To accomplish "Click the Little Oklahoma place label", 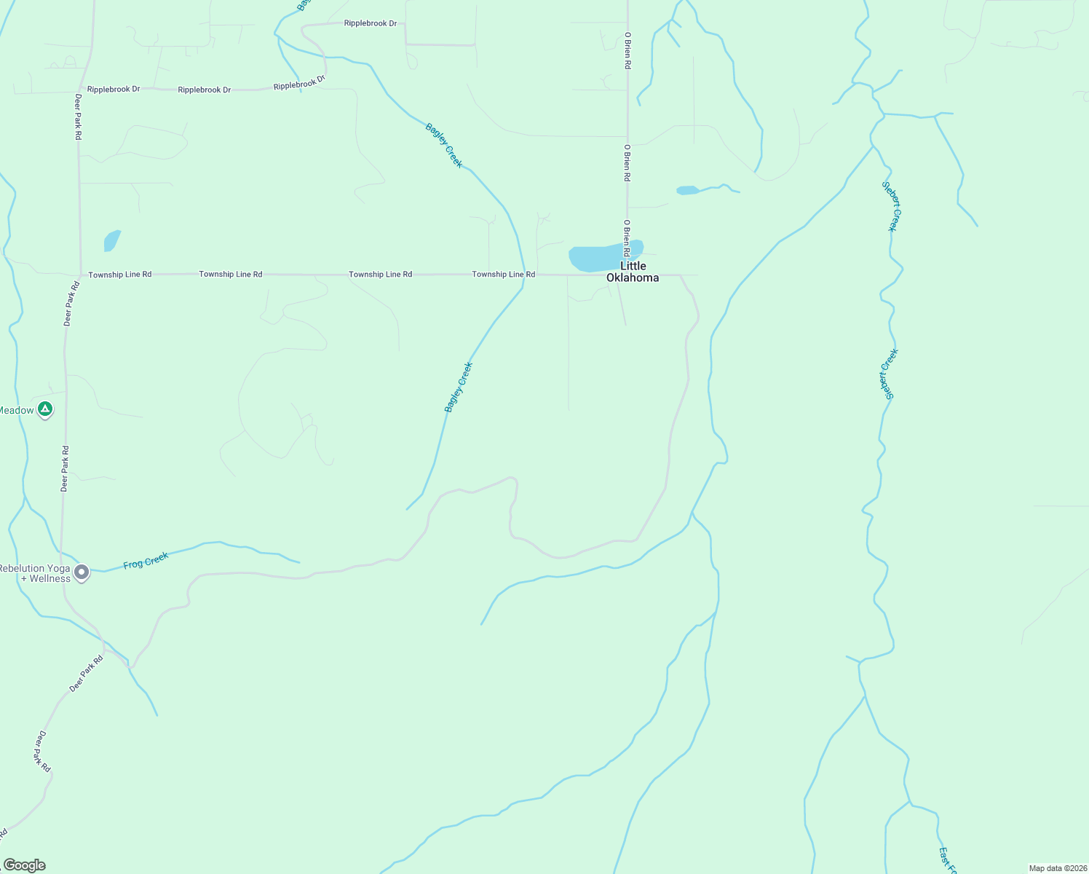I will click(x=632, y=272).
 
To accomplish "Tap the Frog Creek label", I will click(x=146, y=561).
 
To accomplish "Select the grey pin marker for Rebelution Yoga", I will click(x=82, y=572).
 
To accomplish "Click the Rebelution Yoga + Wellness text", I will click(x=35, y=573).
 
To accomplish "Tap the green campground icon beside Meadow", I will click(x=45, y=410).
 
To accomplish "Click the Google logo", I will click(x=24, y=865).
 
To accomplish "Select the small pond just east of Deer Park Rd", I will click(x=111, y=240).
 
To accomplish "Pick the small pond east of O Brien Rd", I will click(x=687, y=191).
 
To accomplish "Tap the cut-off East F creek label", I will click(x=947, y=860).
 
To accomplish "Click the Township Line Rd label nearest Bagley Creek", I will click(x=503, y=275).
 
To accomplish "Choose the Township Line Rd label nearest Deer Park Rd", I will click(x=120, y=275).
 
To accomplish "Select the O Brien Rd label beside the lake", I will click(x=626, y=237).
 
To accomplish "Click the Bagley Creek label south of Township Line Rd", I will click(x=459, y=387).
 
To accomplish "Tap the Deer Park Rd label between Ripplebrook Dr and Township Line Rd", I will click(x=78, y=117).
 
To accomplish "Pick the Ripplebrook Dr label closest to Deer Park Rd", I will click(x=113, y=90).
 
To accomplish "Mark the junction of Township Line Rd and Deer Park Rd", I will click(x=79, y=275).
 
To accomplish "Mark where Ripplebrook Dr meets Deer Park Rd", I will click(x=82, y=91).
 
